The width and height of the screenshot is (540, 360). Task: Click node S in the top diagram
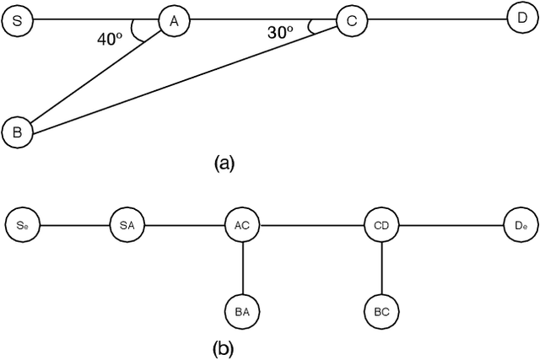coord(17,21)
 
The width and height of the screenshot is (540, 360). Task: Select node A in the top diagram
coord(174,21)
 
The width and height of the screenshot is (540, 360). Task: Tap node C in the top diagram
coord(351,21)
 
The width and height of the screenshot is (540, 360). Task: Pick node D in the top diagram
coord(521,18)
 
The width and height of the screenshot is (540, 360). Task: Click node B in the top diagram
coord(17,131)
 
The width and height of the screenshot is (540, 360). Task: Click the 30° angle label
coord(280,33)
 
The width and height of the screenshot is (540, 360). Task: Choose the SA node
coord(127,224)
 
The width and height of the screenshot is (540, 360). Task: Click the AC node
coord(243,224)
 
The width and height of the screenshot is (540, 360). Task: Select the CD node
coord(382,224)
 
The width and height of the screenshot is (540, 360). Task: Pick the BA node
coord(243,311)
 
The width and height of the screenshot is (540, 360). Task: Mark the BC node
coord(382,311)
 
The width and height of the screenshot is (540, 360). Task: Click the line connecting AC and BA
coord(243,267)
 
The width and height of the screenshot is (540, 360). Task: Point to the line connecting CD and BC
coord(382,267)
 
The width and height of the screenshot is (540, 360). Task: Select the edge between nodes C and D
coord(435,19)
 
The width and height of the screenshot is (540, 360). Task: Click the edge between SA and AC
coord(185,224)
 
